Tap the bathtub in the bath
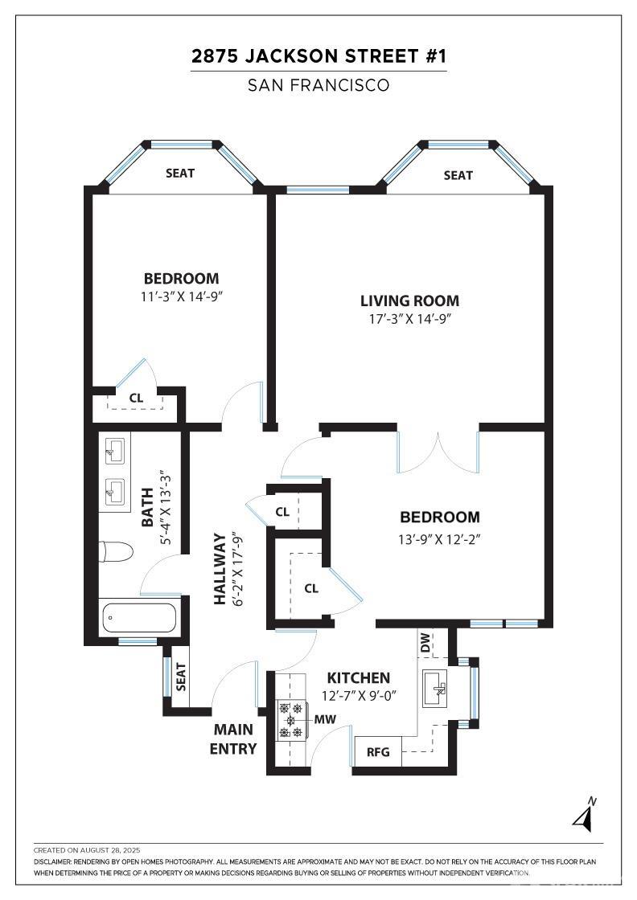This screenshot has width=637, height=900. tap(138, 618)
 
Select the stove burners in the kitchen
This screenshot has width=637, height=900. tap(290, 720)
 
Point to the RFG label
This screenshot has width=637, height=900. tap(378, 752)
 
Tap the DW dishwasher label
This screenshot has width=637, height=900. tap(425, 643)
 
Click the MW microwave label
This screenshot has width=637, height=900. tap(325, 719)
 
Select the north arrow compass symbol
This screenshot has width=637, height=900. tap(586, 814)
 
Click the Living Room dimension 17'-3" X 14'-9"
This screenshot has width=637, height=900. tap(409, 319)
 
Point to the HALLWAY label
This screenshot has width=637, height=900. tap(220, 569)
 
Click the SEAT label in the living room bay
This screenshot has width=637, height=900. tap(458, 176)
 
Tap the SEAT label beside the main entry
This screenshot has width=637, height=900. tap(181, 677)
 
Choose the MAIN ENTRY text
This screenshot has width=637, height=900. tap(233, 739)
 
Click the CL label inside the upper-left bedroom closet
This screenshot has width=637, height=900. tap(136, 398)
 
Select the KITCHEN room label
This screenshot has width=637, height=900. tap(359, 678)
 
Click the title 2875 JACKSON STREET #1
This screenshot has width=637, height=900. tap(318, 56)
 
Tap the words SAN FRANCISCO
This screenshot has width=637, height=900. tap(318, 85)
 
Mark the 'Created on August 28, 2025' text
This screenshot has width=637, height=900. tap(87, 851)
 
